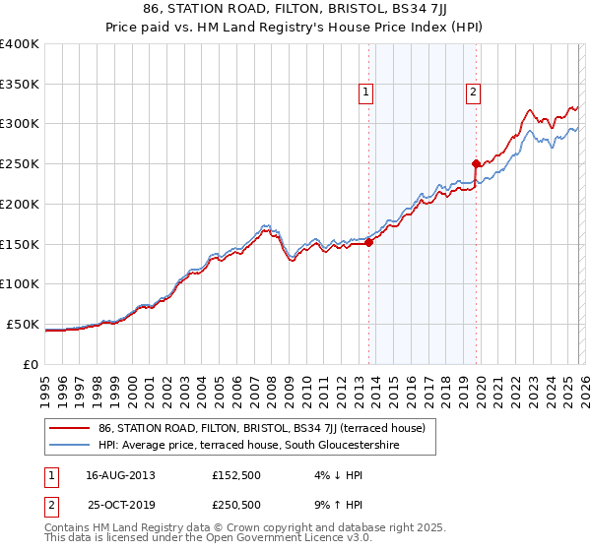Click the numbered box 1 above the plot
coord(365,92)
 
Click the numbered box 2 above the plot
coord(473,92)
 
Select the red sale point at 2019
coord(476,163)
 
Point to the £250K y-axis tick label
coord(20,164)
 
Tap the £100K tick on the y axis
coord(20,284)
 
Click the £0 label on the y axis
coord(31,364)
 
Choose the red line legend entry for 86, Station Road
coord(261,428)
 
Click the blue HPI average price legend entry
coord(252,446)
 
